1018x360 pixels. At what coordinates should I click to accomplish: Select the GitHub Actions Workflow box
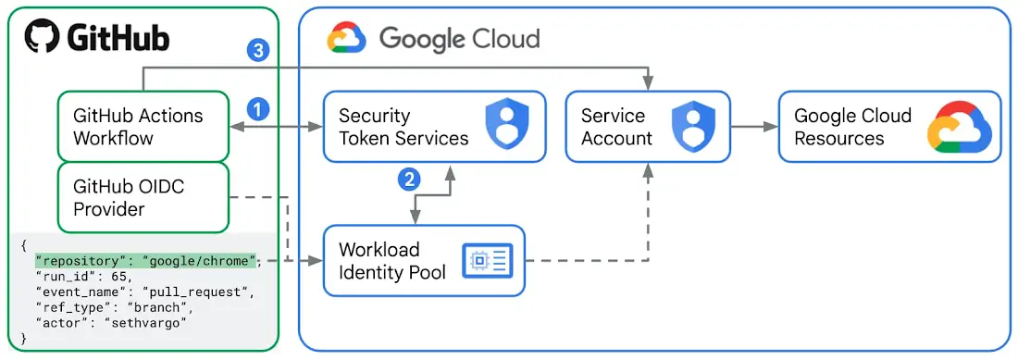tap(143, 127)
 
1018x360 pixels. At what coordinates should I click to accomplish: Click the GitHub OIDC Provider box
tap(143, 198)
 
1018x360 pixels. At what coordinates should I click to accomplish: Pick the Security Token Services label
tap(403, 127)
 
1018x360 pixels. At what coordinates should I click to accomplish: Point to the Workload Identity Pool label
tap(392, 261)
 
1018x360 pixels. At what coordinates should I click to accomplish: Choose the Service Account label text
tap(616, 127)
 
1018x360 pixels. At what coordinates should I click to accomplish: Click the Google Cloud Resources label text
tap(853, 127)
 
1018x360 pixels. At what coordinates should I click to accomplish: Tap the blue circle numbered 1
tap(258, 109)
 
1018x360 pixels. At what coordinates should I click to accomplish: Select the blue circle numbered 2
tap(409, 179)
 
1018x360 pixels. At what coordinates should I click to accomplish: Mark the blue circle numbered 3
tap(258, 50)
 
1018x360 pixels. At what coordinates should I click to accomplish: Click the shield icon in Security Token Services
tap(505, 127)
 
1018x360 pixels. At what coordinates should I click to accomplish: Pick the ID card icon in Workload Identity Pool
tap(487, 261)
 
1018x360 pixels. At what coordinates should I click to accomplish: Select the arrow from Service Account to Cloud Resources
tap(753, 127)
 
